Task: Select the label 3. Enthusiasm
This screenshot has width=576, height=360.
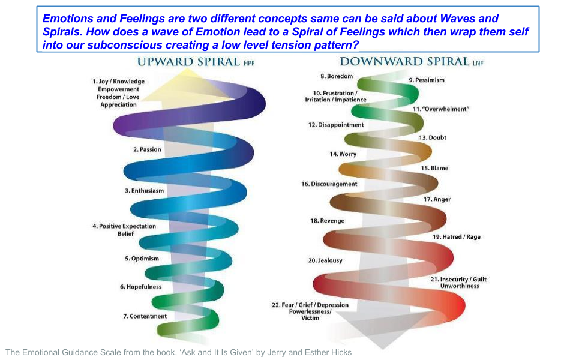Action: click(x=144, y=191)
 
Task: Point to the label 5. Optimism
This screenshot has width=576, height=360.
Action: click(x=142, y=259)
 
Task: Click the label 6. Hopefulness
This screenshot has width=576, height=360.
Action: click(x=140, y=287)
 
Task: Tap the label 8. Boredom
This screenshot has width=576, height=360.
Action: click(x=336, y=76)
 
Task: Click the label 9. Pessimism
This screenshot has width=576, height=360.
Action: click(x=427, y=80)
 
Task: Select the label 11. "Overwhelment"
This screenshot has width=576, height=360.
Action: click(x=440, y=109)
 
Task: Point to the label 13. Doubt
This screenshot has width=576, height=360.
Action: click(x=433, y=138)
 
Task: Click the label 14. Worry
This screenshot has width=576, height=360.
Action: click(x=343, y=154)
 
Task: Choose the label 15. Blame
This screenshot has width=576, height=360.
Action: click(x=434, y=169)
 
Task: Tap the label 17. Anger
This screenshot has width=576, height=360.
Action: click(x=437, y=199)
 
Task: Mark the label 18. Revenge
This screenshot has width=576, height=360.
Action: click(x=327, y=221)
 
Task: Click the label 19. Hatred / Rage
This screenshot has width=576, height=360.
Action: click(x=457, y=237)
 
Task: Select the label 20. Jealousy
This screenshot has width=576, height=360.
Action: click(x=325, y=260)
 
